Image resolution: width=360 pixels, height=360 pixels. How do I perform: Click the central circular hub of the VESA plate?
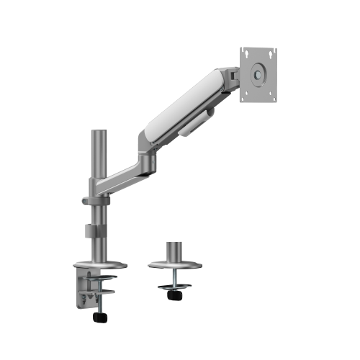[x=258, y=73]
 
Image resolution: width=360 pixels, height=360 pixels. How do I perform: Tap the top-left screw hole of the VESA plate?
[x=245, y=52]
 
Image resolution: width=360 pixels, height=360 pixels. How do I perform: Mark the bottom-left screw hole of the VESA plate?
[x=245, y=94]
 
